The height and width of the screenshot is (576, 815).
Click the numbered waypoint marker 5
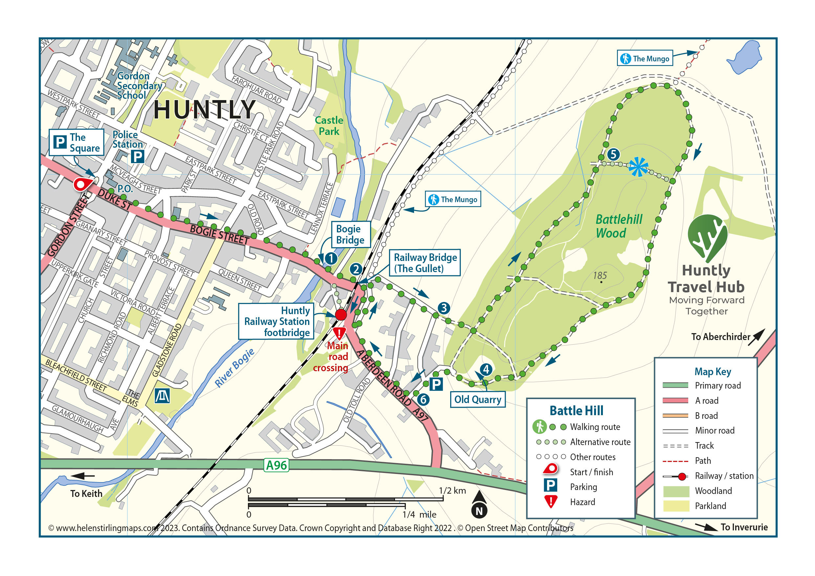click(613, 154)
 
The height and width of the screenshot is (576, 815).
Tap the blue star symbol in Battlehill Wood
click(638, 166)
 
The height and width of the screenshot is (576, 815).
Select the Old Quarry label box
click(477, 400)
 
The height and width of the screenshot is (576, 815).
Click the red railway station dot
click(341, 314)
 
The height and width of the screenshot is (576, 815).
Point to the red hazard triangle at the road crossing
click(339, 333)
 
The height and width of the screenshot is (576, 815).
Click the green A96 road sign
click(276, 465)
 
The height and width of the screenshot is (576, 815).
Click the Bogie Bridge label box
click(350, 235)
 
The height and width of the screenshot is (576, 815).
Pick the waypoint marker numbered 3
click(444, 308)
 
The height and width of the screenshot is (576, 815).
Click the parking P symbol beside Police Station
click(137, 157)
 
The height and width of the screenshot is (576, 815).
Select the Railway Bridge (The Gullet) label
click(425, 263)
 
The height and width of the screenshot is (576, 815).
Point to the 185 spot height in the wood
click(600, 276)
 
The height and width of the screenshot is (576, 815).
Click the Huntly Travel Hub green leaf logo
click(707, 237)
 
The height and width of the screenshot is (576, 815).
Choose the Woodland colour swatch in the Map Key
click(676, 491)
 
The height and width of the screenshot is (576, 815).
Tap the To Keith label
click(86, 494)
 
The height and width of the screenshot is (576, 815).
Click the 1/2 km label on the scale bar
click(452, 491)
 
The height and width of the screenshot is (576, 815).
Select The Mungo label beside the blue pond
click(645, 58)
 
